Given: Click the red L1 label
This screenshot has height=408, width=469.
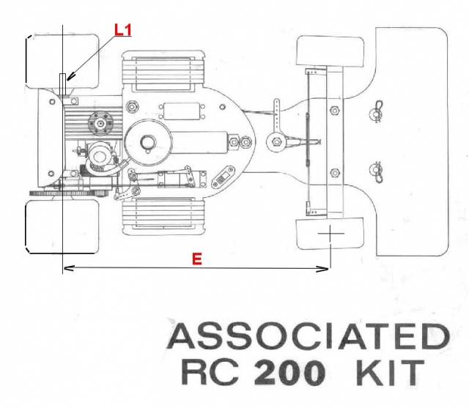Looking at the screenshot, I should (x=123, y=30).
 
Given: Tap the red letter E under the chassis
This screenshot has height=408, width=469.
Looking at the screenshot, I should (x=196, y=259).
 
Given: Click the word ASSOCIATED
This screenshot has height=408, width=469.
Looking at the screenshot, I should (x=308, y=337).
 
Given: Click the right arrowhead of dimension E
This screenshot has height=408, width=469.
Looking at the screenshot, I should (x=323, y=270).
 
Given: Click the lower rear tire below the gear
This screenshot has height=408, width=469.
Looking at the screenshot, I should (x=63, y=226).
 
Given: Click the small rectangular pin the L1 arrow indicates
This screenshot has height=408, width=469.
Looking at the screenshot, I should (x=64, y=83).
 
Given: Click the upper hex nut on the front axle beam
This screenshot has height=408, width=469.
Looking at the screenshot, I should (x=335, y=111).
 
